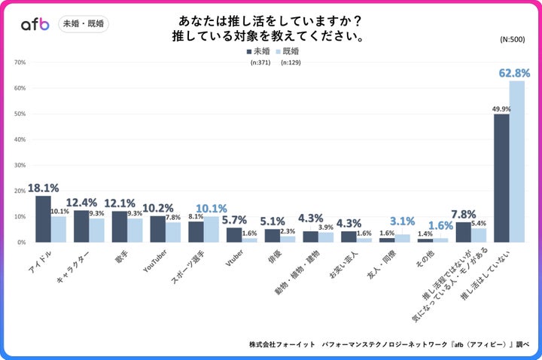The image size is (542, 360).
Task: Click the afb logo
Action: click(35, 24)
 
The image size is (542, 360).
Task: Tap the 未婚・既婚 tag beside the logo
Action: click(83, 24)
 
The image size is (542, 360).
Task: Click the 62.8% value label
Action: click(514, 73)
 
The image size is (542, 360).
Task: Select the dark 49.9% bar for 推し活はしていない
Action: click(501, 178)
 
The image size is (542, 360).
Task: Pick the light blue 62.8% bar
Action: click(516, 161)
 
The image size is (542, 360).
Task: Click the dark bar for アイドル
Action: click(43, 219)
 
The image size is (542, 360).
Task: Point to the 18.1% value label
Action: click(43, 188)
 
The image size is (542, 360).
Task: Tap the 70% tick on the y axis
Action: click(20, 63)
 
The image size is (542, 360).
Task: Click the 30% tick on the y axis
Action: click(20, 165)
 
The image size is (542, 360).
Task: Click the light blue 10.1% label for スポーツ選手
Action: click(212, 209)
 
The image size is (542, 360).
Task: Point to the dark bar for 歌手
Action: click(120, 227)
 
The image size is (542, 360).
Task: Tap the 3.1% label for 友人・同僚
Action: click(402, 221)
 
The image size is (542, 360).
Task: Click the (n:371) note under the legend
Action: click(260, 63)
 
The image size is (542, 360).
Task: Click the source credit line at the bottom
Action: click(389, 345)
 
